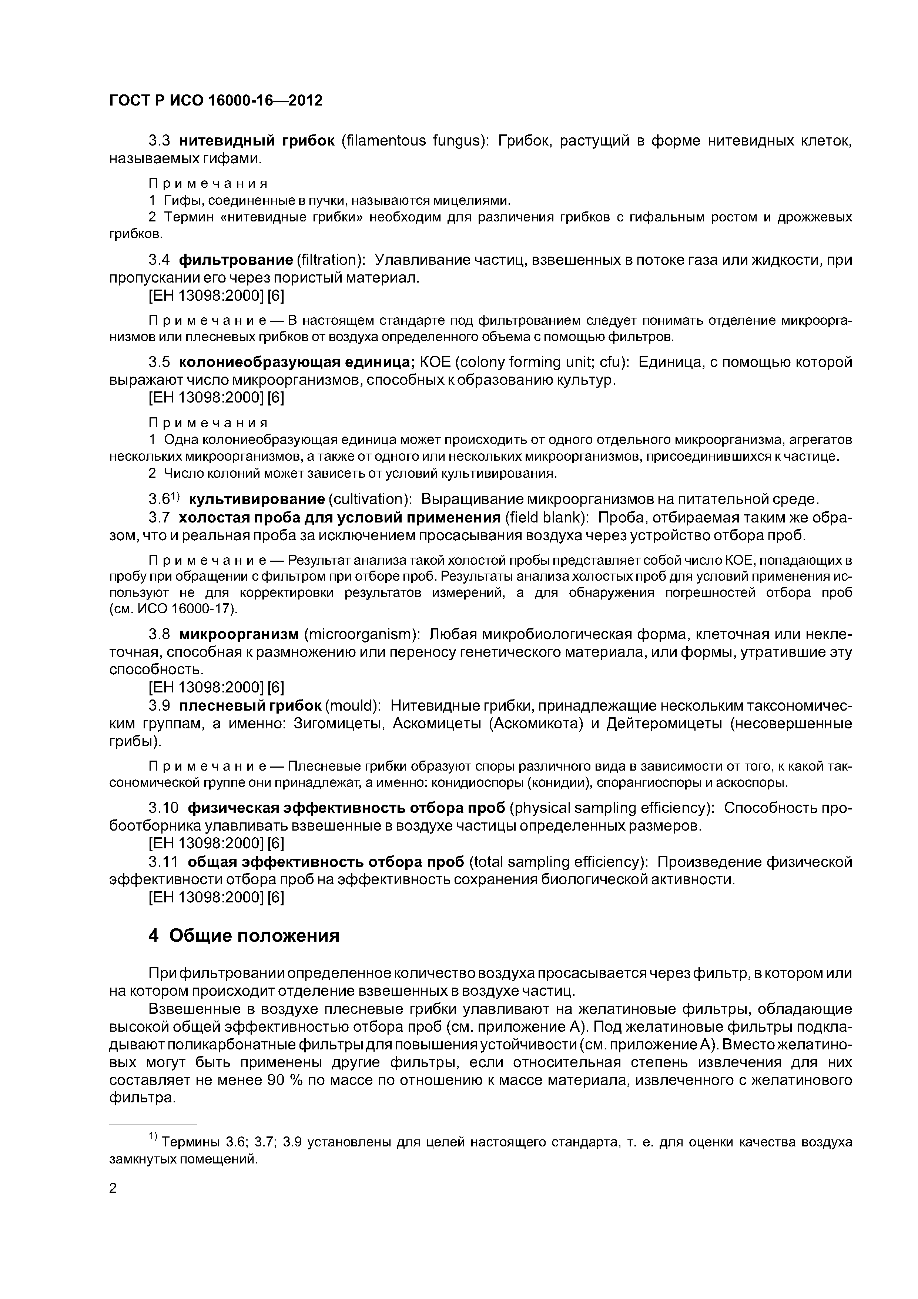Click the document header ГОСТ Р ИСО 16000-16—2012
pos(215,101)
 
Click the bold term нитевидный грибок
pos(257,141)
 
